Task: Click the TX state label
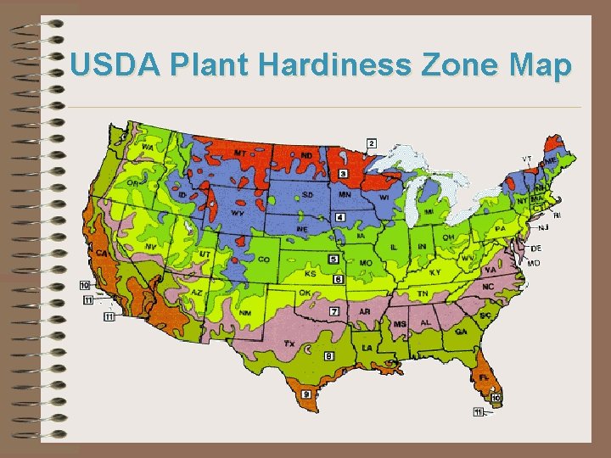pos(289,344)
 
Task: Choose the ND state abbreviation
pos(305,155)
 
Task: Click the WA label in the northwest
pos(148,148)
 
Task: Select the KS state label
pos(311,274)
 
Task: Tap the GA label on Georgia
pos(461,332)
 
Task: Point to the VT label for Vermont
pos(526,159)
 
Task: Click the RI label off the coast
pos(557,215)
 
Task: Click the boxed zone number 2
pos(372,143)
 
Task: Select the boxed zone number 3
pos(343,173)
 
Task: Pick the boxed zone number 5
pos(334,259)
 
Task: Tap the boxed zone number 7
pos(334,311)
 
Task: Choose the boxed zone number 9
pos(305,394)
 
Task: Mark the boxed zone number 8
pos(328,356)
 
